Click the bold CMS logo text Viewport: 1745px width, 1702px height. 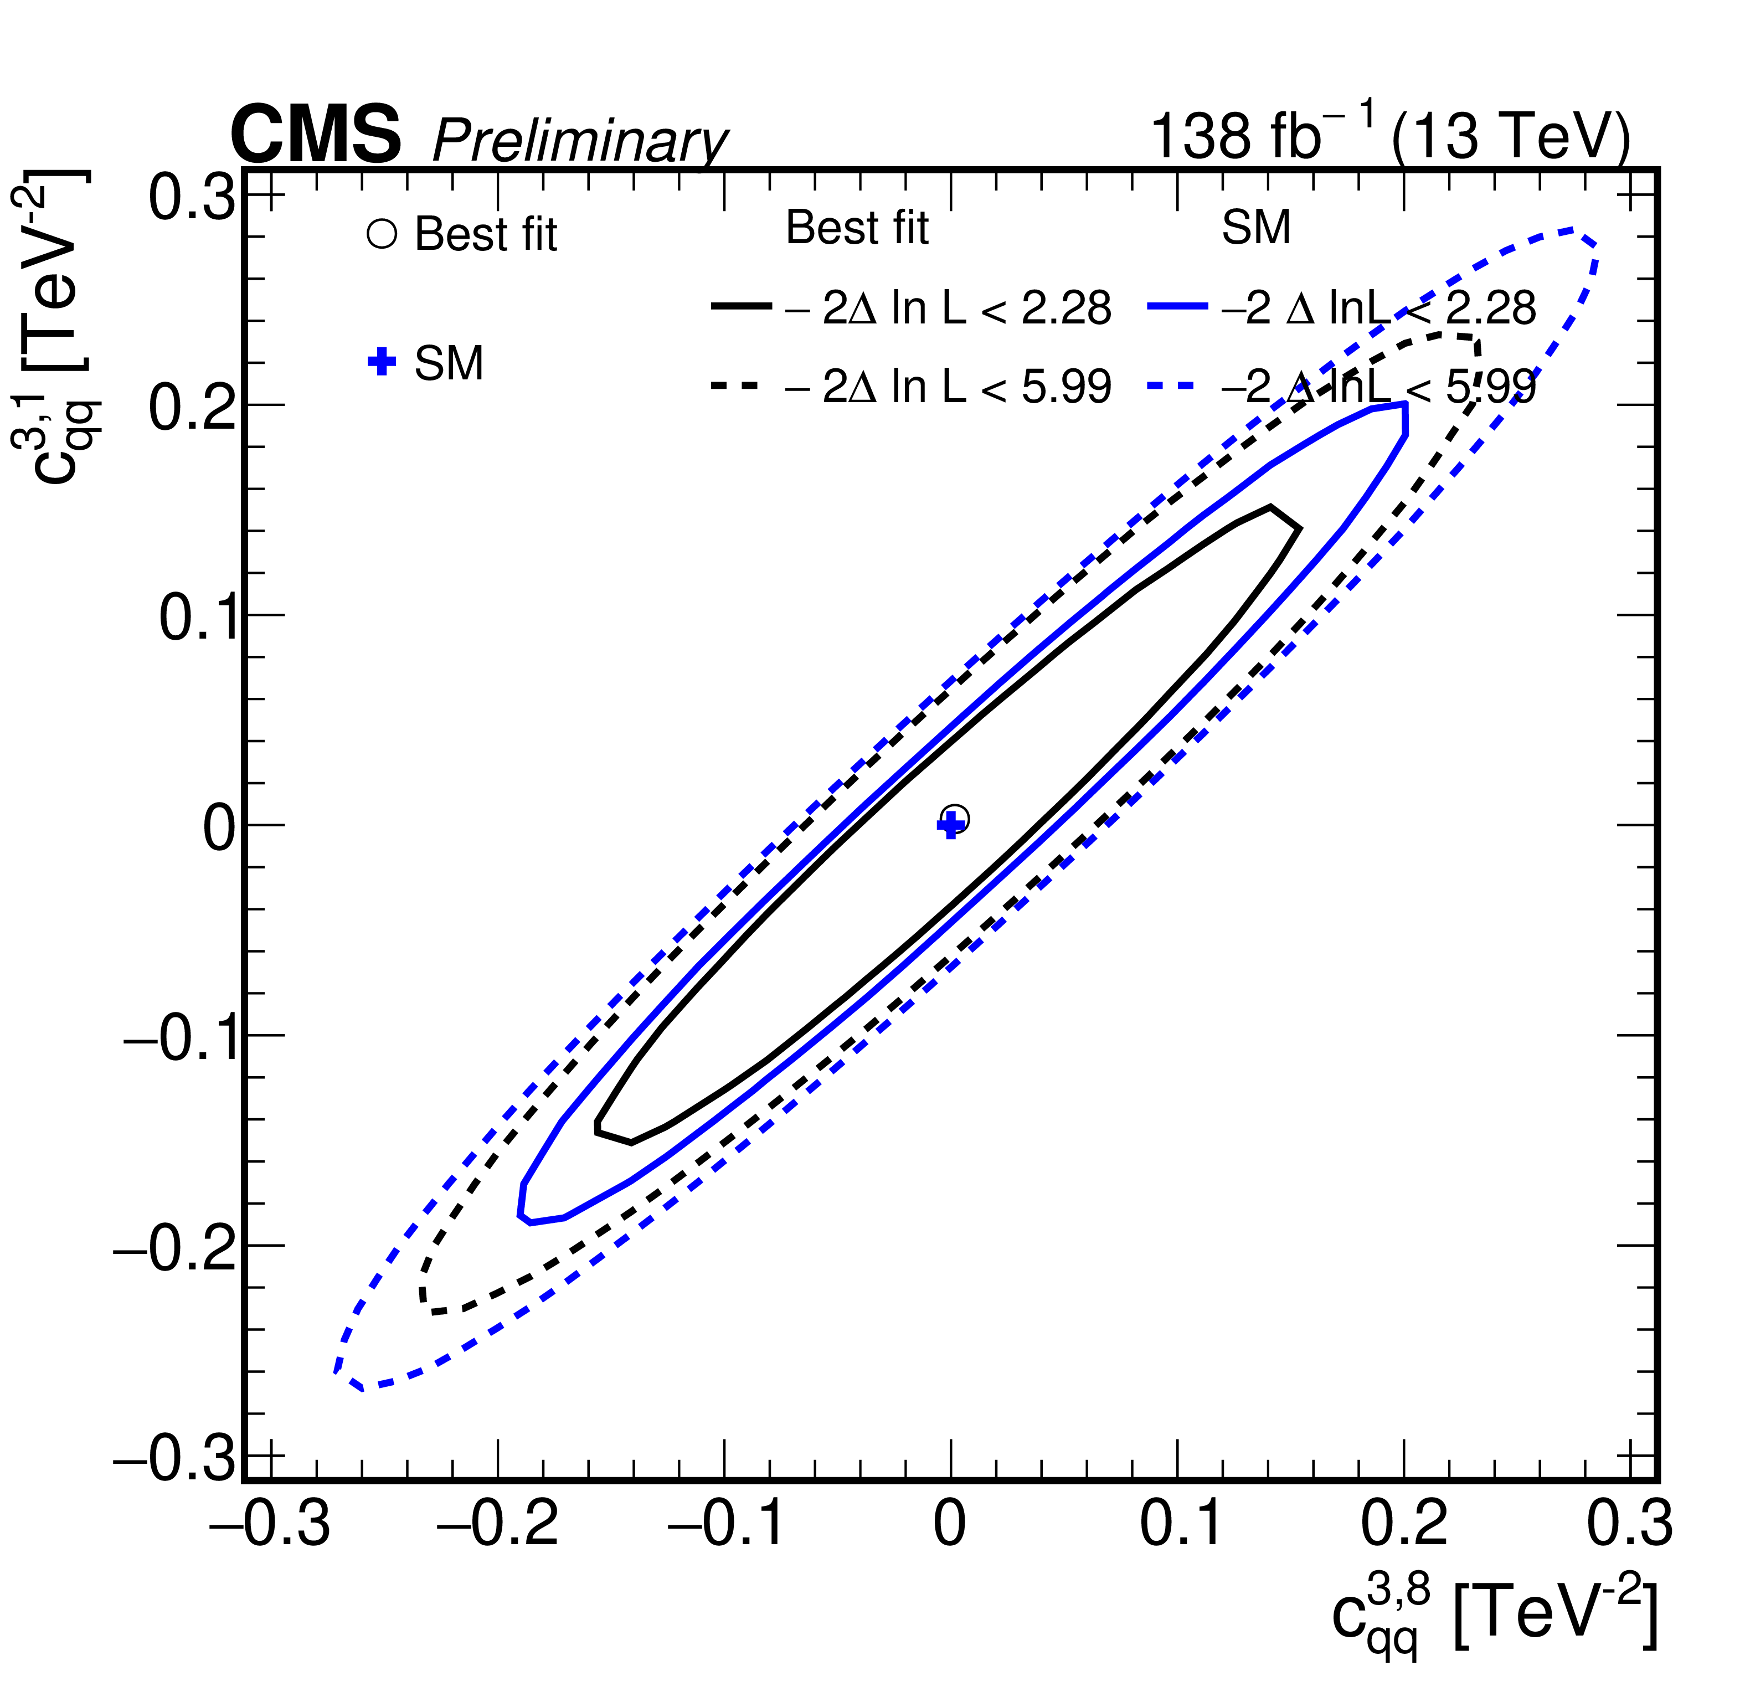coord(316,134)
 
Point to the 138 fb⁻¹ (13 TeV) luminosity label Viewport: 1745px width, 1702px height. coord(1390,134)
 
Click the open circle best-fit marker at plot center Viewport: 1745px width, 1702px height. coord(955,819)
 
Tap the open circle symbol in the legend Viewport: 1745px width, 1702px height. coord(382,234)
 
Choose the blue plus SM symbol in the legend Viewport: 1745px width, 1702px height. coord(382,362)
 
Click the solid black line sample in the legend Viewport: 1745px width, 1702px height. coord(741,307)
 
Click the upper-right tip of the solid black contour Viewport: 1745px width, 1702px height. coord(1271,508)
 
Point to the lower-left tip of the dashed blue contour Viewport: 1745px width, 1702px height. coord(337,1370)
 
